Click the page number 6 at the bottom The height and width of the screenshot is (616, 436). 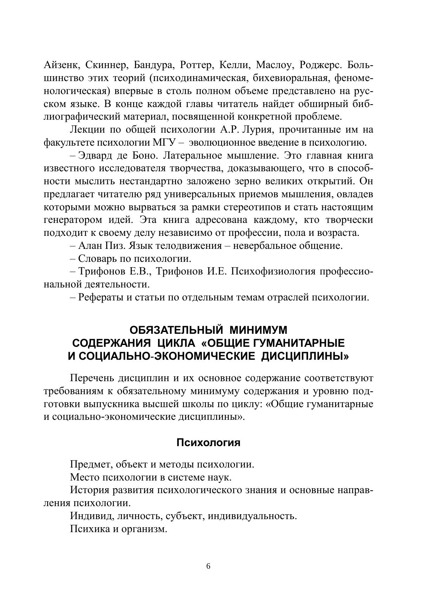click(x=208, y=566)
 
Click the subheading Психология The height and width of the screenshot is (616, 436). click(x=208, y=443)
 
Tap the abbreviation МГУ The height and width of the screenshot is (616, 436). click(x=165, y=143)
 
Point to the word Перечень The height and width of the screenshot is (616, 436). click(x=91, y=378)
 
